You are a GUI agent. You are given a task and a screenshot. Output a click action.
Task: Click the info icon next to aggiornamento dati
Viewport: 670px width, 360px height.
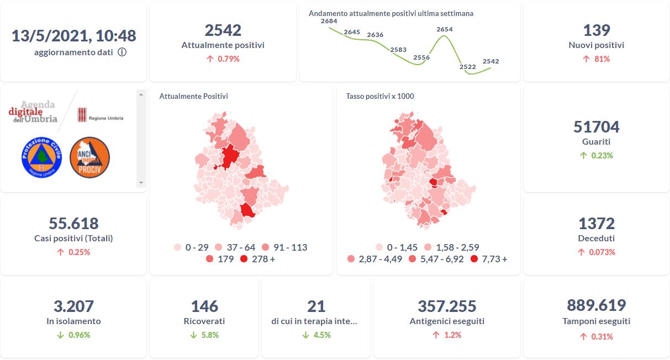pyautogui.click(x=122, y=52)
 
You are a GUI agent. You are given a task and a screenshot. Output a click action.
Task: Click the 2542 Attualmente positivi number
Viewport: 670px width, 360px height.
pyautogui.click(x=223, y=30)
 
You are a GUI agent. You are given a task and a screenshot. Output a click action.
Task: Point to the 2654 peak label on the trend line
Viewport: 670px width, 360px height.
pyautogui.click(x=444, y=29)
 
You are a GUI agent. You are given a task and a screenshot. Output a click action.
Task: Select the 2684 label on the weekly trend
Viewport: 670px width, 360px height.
pyautogui.click(x=329, y=22)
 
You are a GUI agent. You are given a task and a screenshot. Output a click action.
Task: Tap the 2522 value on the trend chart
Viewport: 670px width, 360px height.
pyautogui.click(x=467, y=67)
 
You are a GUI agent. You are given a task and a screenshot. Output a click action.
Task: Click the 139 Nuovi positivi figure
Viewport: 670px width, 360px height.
pyautogui.click(x=596, y=30)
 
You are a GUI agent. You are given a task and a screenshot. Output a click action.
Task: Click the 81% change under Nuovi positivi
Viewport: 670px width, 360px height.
pyautogui.click(x=596, y=59)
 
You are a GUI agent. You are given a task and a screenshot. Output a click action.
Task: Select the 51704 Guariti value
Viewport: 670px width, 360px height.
pyautogui.click(x=596, y=127)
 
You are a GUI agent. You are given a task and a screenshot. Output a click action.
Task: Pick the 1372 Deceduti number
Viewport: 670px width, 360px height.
pyautogui.click(x=596, y=224)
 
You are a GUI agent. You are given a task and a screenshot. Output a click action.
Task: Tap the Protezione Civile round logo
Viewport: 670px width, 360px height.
pyautogui.click(x=41, y=157)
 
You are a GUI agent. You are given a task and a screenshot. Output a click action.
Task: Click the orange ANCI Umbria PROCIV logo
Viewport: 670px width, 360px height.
pyautogui.click(x=89, y=157)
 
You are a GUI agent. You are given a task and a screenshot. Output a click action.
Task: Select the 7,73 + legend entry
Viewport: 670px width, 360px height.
pyautogui.click(x=489, y=258)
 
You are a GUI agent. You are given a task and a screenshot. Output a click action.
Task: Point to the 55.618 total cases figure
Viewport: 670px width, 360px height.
pyautogui.click(x=73, y=224)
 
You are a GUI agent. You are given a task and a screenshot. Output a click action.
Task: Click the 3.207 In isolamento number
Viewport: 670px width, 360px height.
pyautogui.click(x=73, y=306)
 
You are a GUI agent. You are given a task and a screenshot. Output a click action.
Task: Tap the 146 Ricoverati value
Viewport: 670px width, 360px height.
pyautogui.click(x=204, y=306)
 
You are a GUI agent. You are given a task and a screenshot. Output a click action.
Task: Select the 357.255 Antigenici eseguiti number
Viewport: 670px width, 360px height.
pyautogui.click(x=447, y=306)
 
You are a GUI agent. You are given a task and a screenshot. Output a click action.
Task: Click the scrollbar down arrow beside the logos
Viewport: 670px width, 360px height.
pyautogui.click(x=141, y=183)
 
